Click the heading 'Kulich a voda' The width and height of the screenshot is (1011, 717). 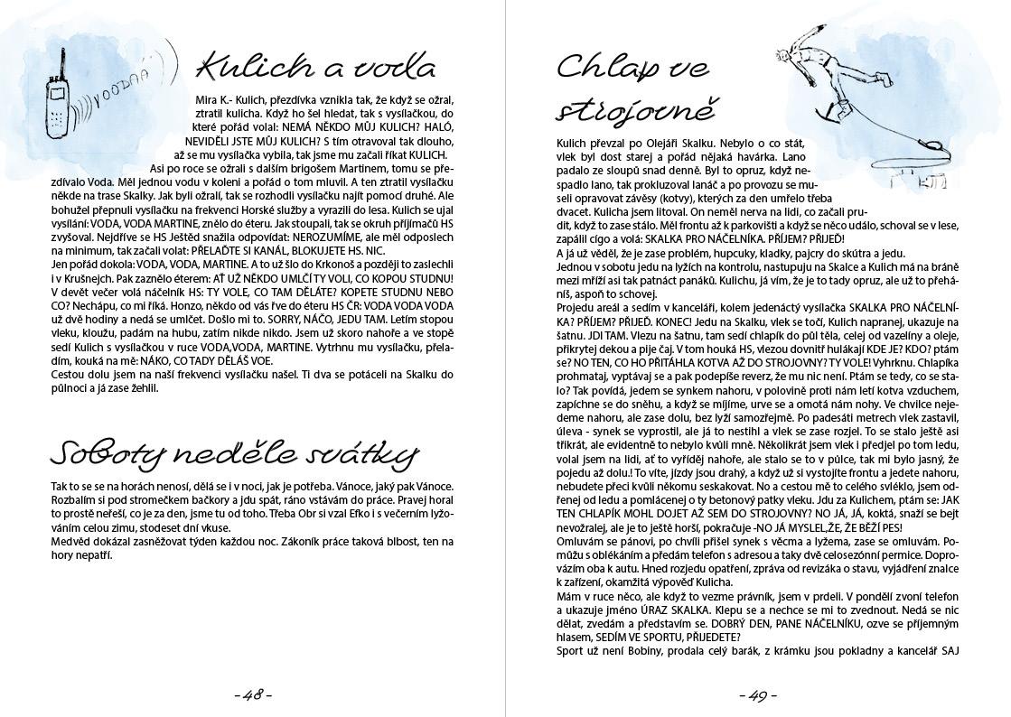pos(315,67)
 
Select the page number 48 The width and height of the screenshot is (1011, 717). pos(253,695)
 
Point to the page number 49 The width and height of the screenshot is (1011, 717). pos(757,695)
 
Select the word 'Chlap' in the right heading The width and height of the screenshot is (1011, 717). pos(604,67)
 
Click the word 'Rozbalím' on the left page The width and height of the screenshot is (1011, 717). pos(74,499)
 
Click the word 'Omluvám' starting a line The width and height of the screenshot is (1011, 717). pos(582,540)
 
